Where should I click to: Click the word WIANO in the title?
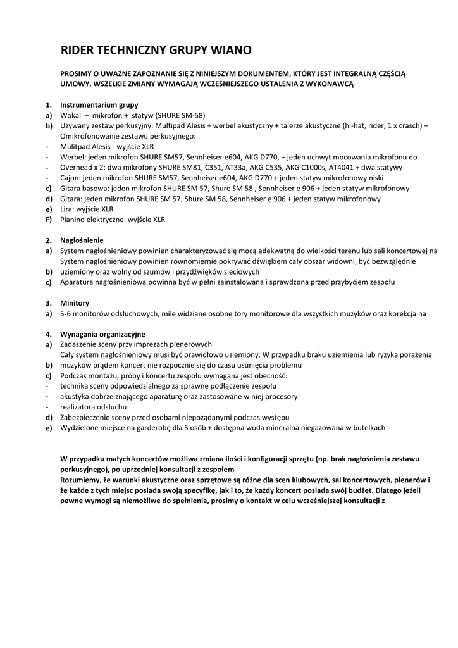pyautogui.click(x=229, y=49)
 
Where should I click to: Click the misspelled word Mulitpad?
pyautogui.click(x=75, y=146)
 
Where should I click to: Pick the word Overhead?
pyautogui.click(x=77, y=167)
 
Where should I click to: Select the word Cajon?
pyautogui.click(x=70, y=178)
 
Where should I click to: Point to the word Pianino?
pyautogui.click(x=74, y=220)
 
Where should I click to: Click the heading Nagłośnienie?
pyautogui.click(x=82, y=240)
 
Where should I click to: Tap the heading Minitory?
pyautogui.click(x=75, y=303)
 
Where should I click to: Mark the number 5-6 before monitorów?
pyautogui.click(x=66, y=313)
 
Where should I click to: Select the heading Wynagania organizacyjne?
pyautogui.click(x=102, y=334)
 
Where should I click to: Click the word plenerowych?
pyautogui.click(x=190, y=344)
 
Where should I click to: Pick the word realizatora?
pyautogui.click(x=79, y=407)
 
